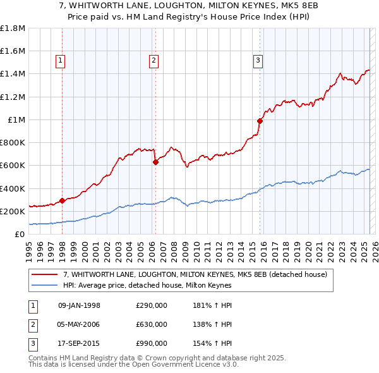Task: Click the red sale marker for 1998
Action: (x=62, y=201)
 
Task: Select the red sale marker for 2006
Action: (x=155, y=162)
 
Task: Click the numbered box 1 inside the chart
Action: (x=59, y=61)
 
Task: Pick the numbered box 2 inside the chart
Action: (x=153, y=61)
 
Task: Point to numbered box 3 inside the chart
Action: (x=258, y=61)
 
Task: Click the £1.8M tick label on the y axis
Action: (x=13, y=28)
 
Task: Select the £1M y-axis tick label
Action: (x=16, y=120)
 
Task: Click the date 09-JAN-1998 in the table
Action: (x=79, y=305)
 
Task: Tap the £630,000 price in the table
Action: (x=152, y=324)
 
